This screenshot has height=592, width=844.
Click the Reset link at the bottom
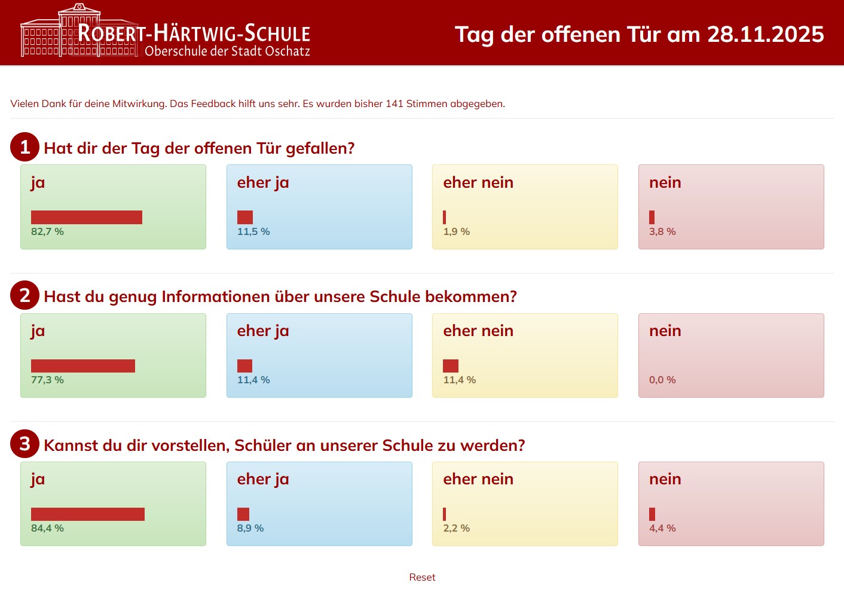[x=422, y=577]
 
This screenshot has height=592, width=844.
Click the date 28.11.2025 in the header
[x=766, y=35]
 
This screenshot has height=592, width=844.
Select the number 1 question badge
[x=25, y=147]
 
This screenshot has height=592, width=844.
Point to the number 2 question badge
[x=25, y=295]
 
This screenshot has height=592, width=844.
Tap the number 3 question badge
[x=25, y=444]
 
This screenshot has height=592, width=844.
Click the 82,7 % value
[x=47, y=231]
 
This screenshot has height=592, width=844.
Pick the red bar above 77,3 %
[x=83, y=366]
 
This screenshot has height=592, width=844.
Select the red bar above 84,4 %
[x=88, y=514]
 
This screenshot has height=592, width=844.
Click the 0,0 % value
[x=662, y=380]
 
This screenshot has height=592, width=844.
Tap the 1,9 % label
[x=456, y=231]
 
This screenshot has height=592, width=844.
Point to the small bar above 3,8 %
[x=652, y=217]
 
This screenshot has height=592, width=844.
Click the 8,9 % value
[x=250, y=528]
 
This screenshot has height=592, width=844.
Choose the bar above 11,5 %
[x=245, y=217]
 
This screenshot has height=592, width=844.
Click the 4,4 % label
[x=662, y=528]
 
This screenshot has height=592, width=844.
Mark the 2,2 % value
[x=456, y=528]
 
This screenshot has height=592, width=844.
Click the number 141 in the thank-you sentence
[x=395, y=103]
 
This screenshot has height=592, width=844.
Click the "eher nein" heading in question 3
[x=478, y=479]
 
